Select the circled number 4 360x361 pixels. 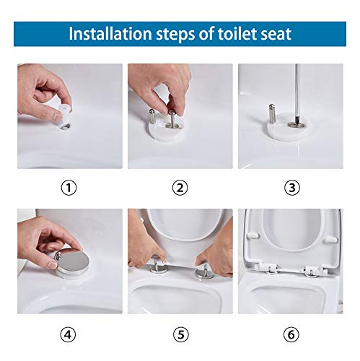click(x=68, y=334)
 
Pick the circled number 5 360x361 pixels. click(x=180, y=334)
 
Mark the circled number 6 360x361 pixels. click(x=291, y=334)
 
